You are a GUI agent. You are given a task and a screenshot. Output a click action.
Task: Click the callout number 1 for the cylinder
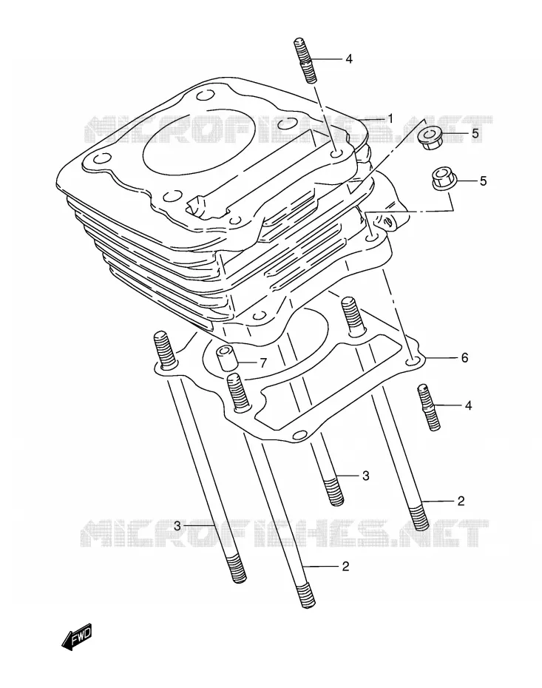390,119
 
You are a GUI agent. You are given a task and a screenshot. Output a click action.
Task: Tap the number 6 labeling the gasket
464,357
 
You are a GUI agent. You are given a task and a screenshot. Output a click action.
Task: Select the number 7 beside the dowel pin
262,363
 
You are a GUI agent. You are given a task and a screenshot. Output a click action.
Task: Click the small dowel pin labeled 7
227,357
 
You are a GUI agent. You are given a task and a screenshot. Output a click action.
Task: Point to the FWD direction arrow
77,635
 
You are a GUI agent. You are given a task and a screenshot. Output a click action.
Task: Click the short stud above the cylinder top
303,61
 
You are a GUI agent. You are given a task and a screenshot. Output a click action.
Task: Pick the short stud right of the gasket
429,408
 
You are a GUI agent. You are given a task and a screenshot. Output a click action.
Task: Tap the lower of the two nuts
444,179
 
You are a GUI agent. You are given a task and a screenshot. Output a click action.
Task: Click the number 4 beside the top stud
348,58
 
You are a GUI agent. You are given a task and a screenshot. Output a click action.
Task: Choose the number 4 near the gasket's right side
468,405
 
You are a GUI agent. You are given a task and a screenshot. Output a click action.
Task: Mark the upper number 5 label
475,133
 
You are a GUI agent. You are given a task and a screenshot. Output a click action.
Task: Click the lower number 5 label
483,181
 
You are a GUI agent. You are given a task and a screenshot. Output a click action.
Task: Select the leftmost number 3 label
177,526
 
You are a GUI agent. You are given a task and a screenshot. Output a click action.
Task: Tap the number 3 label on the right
366,476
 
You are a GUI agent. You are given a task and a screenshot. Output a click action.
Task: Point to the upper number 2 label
461,501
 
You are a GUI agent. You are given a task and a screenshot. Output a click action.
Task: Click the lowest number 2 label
345,566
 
